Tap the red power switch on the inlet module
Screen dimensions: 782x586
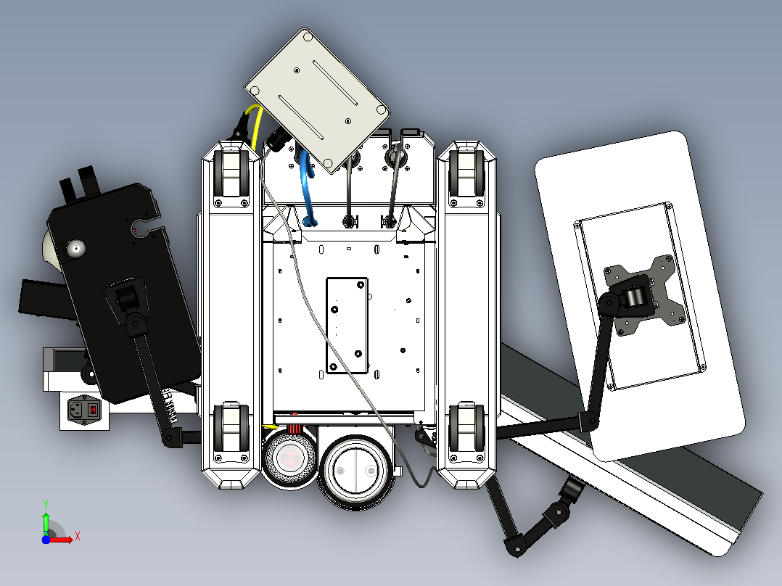click(x=93, y=410)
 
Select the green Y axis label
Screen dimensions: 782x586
click(x=46, y=504)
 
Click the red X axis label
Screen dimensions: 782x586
click(x=78, y=537)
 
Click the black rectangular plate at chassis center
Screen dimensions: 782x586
click(x=347, y=325)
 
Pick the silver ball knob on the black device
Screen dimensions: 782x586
click(x=75, y=248)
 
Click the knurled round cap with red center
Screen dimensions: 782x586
click(x=289, y=458)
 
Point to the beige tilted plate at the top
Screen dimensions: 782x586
click(x=317, y=100)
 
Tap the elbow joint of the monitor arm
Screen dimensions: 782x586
click(x=588, y=421)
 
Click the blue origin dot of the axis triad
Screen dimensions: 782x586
click(x=46, y=540)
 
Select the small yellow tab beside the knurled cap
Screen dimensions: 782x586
click(x=271, y=427)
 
